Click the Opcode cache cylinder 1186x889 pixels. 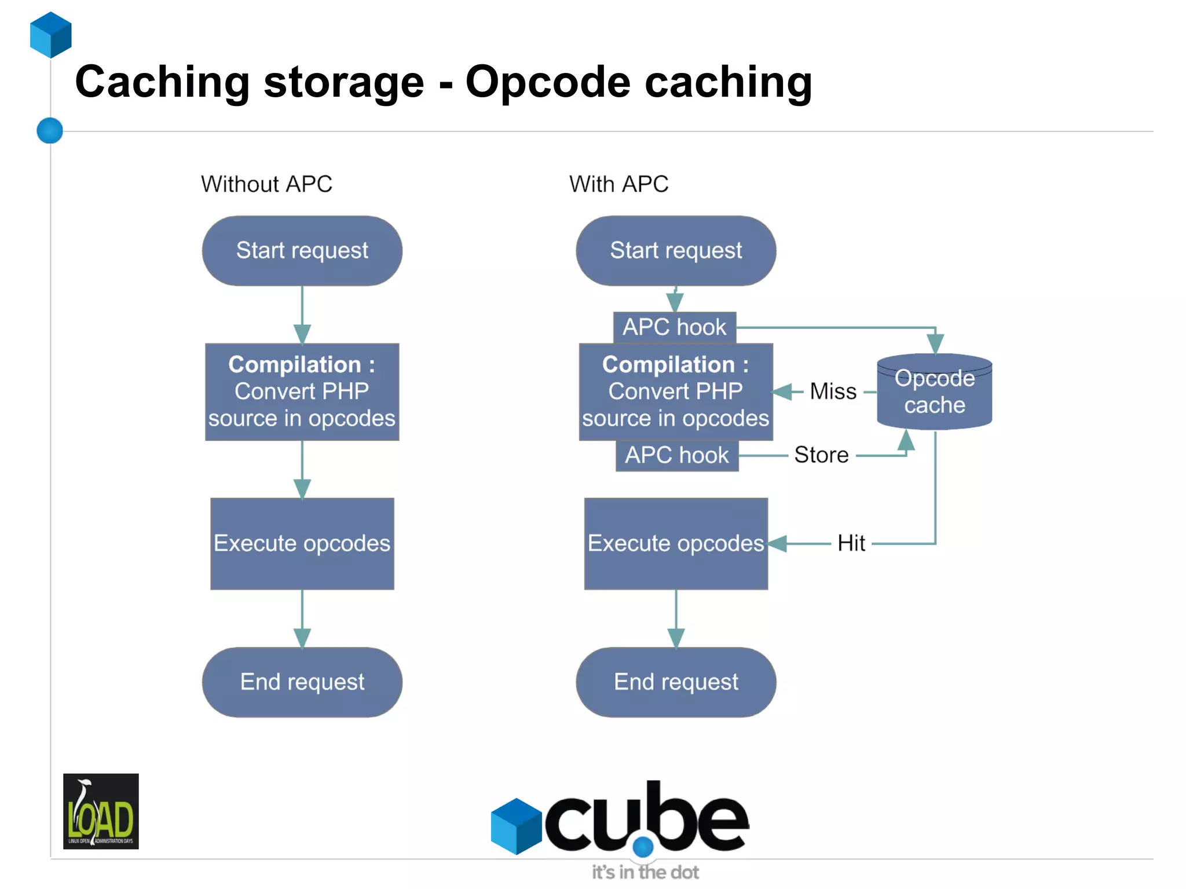tap(934, 392)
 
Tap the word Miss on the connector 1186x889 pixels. tap(833, 392)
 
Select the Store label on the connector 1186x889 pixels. tap(821, 455)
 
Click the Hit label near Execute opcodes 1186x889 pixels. tap(851, 543)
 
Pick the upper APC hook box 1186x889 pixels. tap(674, 327)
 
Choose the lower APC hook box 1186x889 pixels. tap(676, 455)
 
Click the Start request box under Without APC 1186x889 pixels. tap(302, 251)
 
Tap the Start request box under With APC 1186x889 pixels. tap(676, 251)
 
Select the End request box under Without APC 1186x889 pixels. tap(302, 682)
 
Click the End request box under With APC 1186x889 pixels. tap(676, 682)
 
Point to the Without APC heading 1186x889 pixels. tap(266, 184)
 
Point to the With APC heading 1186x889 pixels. tap(618, 184)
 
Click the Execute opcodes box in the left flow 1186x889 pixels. tap(302, 543)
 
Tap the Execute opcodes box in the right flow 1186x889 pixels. tap(675, 543)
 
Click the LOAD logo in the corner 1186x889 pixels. tap(101, 811)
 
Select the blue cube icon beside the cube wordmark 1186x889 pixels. tap(516, 826)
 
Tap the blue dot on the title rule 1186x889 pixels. tap(50, 130)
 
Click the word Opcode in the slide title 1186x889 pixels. tap(547, 83)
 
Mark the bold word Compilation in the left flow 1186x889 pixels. tap(294, 364)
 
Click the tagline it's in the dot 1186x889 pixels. tap(645, 872)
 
